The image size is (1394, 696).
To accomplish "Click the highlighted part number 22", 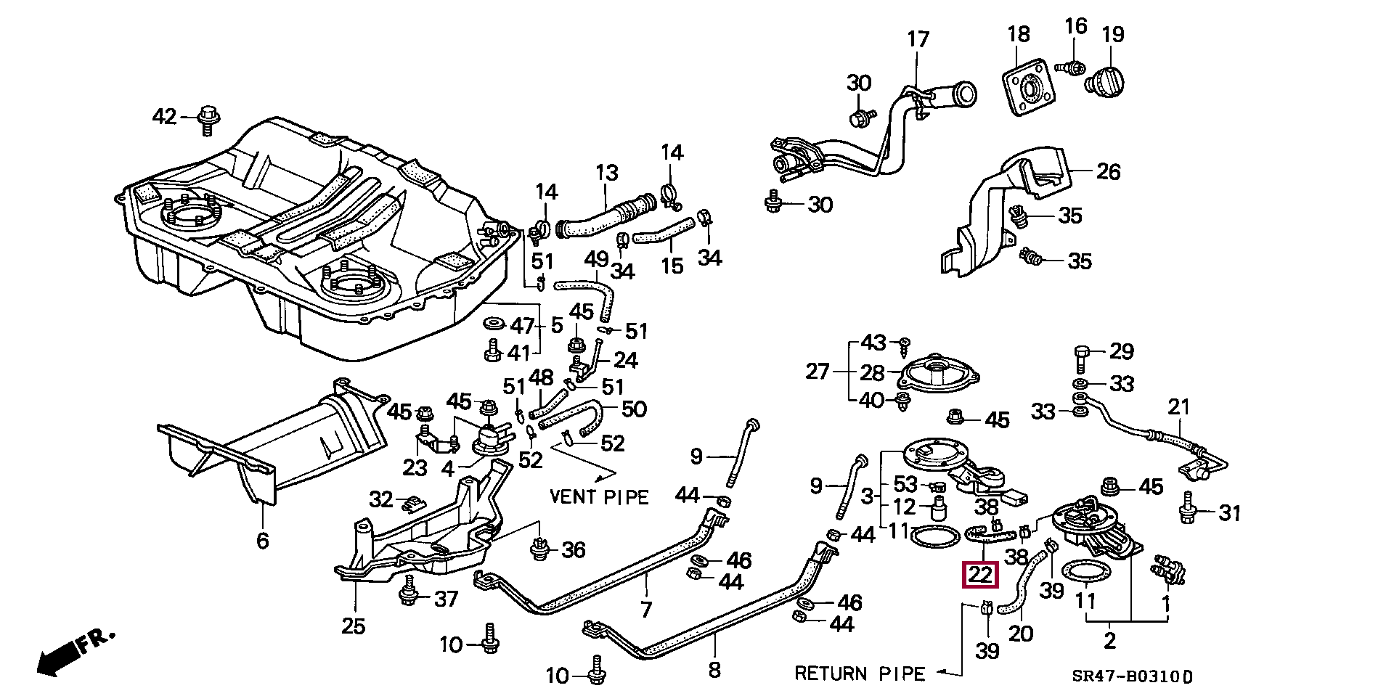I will (x=980, y=575).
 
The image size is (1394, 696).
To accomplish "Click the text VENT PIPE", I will (x=599, y=496).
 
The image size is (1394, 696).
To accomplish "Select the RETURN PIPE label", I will (x=860, y=674).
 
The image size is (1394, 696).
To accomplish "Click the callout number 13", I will (x=606, y=173).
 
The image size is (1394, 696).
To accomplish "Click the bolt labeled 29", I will (x=1080, y=356).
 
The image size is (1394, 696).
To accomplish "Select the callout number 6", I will (x=262, y=540).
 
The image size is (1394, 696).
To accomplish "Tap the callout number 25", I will (x=353, y=626).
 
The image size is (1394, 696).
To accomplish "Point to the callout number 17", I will (x=918, y=39).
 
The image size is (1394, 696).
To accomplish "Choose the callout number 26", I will (x=1108, y=171).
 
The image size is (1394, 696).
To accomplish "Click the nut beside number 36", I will (x=539, y=548).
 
